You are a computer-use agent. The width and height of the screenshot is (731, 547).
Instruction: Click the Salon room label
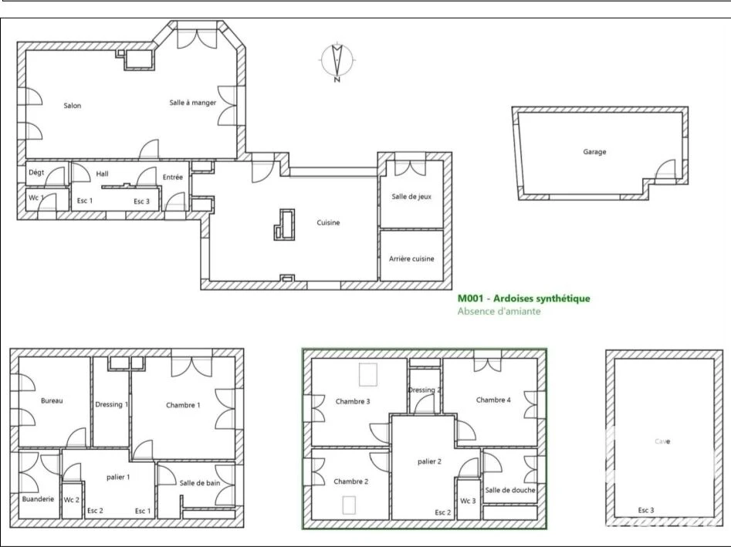pos(73,106)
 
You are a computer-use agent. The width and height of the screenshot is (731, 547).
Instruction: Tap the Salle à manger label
pos(192,103)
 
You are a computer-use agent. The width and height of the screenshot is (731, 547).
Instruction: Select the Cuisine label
pos(328,223)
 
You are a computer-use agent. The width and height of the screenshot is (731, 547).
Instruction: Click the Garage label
pos(594,152)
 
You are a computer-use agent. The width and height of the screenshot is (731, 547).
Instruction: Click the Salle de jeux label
pos(411,197)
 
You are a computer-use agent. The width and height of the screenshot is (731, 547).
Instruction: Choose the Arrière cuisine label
pos(411,258)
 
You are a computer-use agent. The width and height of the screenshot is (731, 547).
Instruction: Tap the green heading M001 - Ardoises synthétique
pos(523,299)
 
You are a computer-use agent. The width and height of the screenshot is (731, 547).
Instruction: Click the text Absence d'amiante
pos(499,311)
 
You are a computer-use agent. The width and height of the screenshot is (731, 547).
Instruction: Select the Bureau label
pos(52,400)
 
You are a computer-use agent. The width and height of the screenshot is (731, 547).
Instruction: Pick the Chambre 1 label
pos(183,405)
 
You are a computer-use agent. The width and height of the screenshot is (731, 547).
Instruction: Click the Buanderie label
pos(38,499)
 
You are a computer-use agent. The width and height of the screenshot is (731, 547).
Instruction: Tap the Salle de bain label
pos(199,483)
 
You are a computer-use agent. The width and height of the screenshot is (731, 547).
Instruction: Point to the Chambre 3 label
pos(353,402)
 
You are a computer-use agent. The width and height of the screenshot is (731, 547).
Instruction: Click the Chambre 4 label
pos(493,400)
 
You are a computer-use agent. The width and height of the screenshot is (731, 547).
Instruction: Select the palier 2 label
pos(429,461)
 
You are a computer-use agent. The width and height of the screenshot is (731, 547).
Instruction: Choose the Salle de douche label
pos(510,490)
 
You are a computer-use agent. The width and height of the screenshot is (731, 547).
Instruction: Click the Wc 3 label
pos(468,501)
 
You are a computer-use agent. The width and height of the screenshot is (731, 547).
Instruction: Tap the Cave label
pos(662,441)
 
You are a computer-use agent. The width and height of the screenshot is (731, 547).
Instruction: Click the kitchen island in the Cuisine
pos(284,225)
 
